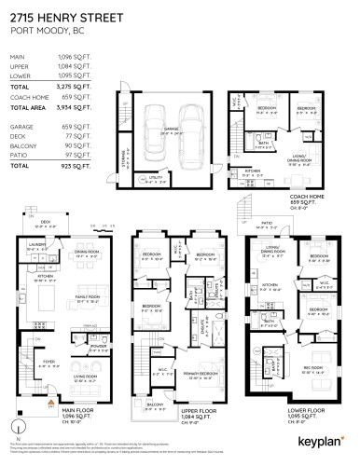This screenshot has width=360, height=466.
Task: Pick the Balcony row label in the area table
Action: coord(22,144)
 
